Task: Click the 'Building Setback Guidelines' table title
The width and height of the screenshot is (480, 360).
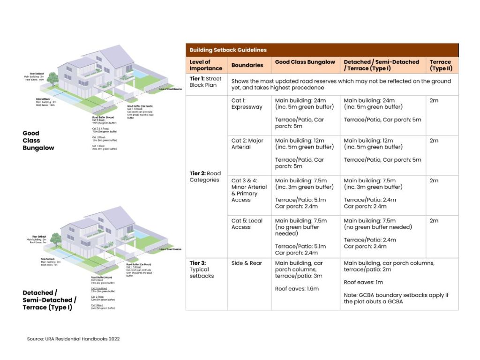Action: pyautogui.click(x=228, y=50)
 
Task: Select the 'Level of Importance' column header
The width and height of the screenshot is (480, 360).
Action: pyautogui.click(x=200, y=65)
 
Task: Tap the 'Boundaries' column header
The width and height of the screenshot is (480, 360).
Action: pyautogui.click(x=247, y=65)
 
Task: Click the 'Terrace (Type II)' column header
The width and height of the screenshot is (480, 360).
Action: pyautogui.click(x=440, y=65)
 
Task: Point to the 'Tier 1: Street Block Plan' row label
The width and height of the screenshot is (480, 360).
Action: pyautogui.click(x=205, y=82)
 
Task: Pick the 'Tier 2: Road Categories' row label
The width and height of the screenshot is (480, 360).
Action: pyautogui.click(x=205, y=177)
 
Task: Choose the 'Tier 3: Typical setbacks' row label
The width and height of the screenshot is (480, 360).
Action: pyautogui.click(x=202, y=270)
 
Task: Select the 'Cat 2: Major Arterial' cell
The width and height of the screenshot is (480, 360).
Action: pyautogui.click(x=247, y=143)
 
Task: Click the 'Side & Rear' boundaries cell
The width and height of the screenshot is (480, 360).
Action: pyautogui.click(x=247, y=263)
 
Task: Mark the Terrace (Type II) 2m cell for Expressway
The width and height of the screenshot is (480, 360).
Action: pyautogui.click(x=434, y=100)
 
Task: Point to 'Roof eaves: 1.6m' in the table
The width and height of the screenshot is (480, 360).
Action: pyautogui.click(x=297, y=289)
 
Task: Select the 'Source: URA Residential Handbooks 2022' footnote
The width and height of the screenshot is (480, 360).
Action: pyautogui.click(x=73, y=338)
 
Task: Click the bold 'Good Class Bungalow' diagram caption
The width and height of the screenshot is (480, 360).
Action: pyautogui.click(x=38, y=140)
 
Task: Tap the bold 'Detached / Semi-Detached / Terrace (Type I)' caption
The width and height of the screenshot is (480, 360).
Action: pyautogui.click(x=49, y=300)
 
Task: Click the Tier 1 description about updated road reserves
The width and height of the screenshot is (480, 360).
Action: pyautogui.click(x=341, y=84)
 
